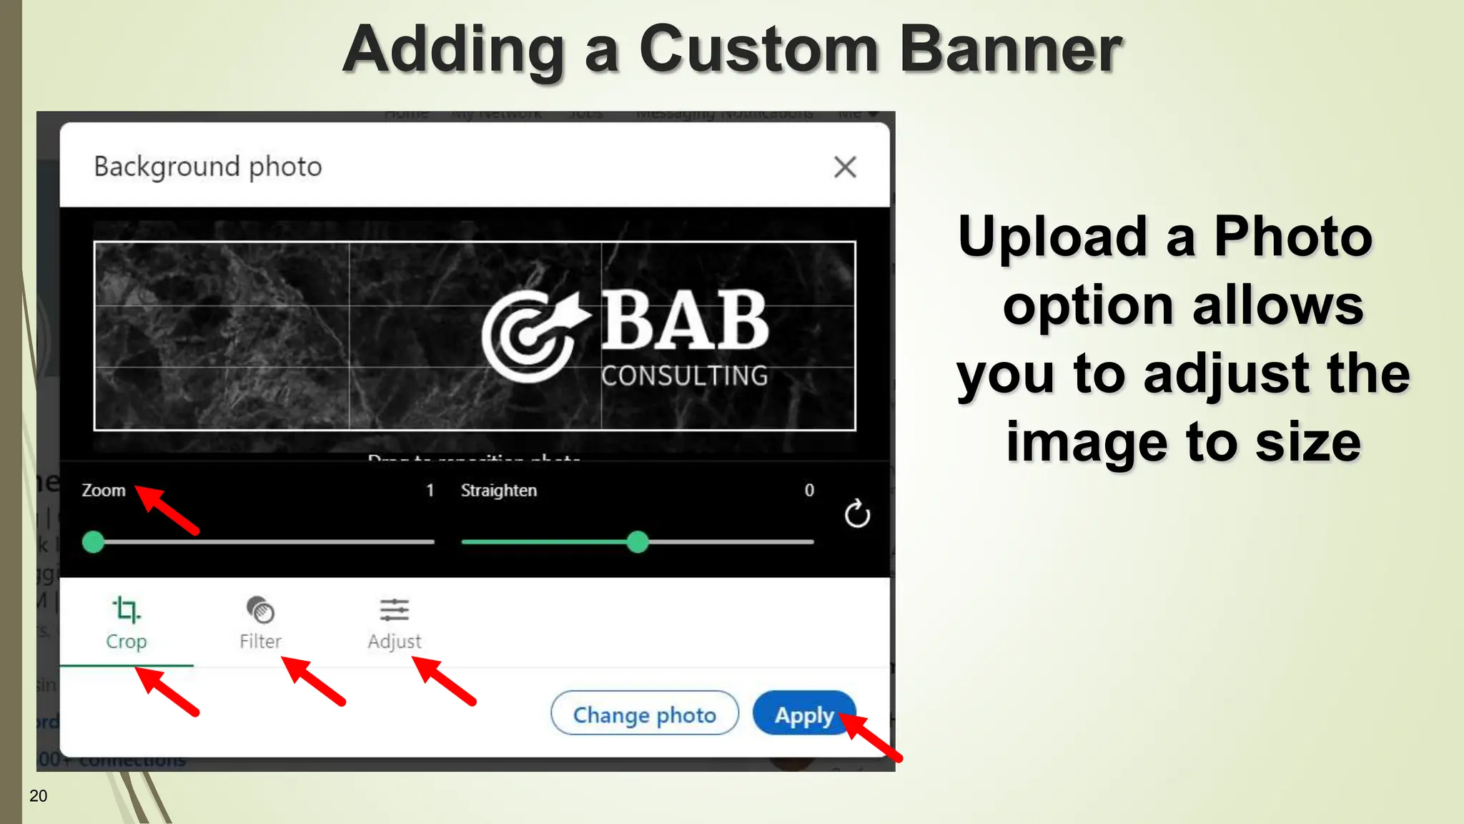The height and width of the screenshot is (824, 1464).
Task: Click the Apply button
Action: [x=803, y=714]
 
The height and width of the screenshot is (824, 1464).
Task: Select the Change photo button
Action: [x=644, y=714]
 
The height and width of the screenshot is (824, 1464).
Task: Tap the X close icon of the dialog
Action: [x=845, y=167]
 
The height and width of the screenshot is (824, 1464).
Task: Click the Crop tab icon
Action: [x=127, y=610]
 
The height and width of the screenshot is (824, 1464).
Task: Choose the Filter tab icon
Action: [x=260, y=610]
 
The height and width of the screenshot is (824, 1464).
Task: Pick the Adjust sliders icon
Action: [x=394, y=610]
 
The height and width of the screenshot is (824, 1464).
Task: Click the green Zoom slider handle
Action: [x=94, y=542]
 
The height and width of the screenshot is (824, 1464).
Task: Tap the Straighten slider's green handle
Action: [x=637, y=542]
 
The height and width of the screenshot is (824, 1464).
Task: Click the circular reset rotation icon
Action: [x=857, y=514]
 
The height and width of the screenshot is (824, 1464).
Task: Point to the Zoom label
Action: [x=104, y=491]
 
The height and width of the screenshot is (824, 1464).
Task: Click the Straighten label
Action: [x=498, y=491]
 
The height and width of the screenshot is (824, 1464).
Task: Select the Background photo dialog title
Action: [x=208, y=167]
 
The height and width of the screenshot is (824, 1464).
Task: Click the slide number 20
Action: [x=39, y=796]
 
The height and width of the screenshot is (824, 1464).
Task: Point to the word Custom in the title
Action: [x=758, y=50]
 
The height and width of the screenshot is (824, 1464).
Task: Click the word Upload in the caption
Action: [x=1052, y=237]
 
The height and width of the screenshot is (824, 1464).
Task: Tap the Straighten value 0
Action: [x=809, y=491]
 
